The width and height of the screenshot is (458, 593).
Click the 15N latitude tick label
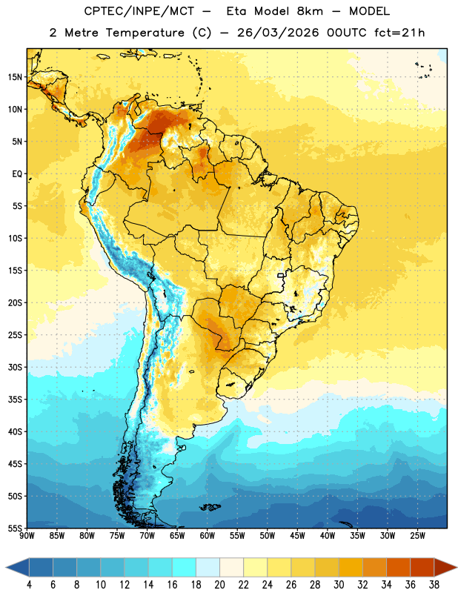click(x=15, y=77)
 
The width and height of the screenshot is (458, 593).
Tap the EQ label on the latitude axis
click(x=17, y=174)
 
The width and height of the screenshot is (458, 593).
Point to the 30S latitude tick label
click(x=15, y=367)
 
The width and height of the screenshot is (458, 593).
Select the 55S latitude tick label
click(x=15, y=529)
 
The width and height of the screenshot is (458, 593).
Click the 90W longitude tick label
click(x=27, y=536)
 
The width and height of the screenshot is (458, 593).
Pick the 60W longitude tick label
click(x=208, y=536)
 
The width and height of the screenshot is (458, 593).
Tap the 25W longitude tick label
click(x=417, y=536)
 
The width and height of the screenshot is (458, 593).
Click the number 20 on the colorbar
click(x=219, y=585)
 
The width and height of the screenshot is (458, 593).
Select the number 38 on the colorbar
click(x=434, y=585)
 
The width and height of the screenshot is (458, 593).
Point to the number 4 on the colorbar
click(x=29, y=585)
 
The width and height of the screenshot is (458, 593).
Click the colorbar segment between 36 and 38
click(x=422, y=567)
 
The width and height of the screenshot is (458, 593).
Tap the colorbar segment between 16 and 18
click(x=185, y=567)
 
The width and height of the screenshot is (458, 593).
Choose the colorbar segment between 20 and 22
click(x=232, y=567)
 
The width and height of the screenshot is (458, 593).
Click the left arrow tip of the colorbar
click(x=7, y=567)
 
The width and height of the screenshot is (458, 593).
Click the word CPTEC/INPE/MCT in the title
click(x=139, y=11)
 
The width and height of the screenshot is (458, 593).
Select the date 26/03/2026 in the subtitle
click(x=278, y=33)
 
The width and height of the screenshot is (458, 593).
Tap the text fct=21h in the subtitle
click(x=399, y=33)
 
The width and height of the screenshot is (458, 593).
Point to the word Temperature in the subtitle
click(x=145, y=33)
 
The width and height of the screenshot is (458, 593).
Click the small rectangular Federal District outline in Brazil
click(x=281, y=275)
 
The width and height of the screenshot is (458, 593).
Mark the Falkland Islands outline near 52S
click(x=210, y=507)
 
